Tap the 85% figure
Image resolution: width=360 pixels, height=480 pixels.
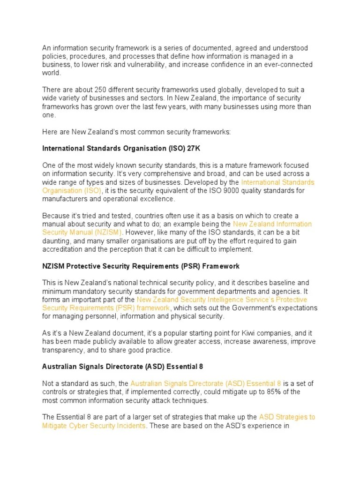262,391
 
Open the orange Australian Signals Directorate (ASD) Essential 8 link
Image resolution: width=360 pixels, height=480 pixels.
206,383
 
